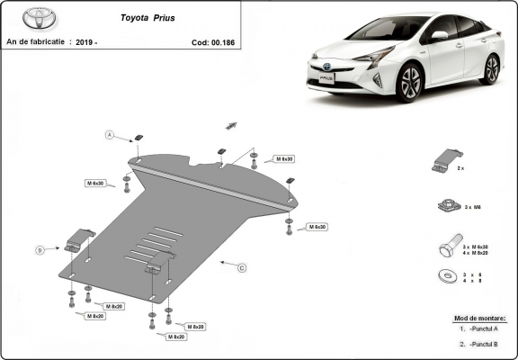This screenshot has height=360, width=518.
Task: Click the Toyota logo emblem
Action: (40, 17)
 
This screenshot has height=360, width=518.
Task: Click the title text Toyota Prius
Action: (149, 17)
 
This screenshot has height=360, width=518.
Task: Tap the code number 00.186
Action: (219, 41)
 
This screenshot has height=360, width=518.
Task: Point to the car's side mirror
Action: (439, 36)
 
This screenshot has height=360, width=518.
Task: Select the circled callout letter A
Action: (110, 135)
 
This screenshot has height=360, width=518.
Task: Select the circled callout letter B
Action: (40, 249)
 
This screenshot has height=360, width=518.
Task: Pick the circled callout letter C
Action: (242, 267)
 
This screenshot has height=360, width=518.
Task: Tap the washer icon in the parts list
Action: (444, 276)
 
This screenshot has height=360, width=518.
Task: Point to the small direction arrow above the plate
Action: (231, 125)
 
